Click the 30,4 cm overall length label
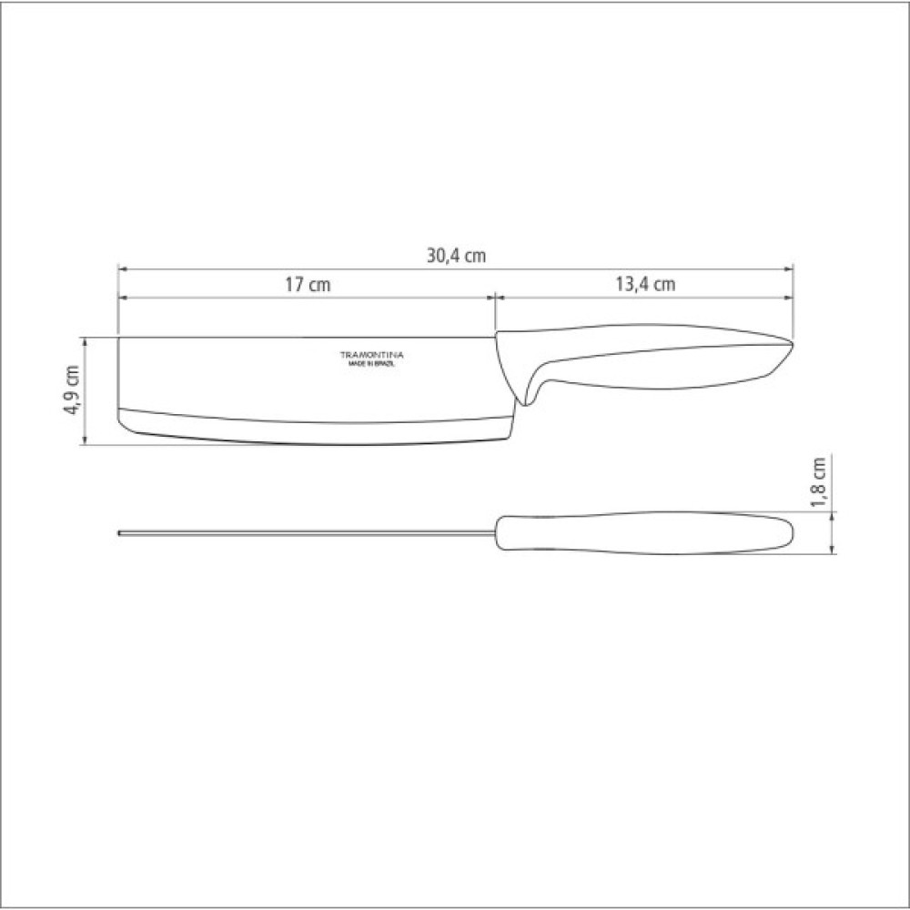click(456, 256)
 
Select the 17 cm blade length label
click(308, 284)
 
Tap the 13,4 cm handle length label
click(645, 284)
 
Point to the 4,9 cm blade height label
click(72, 390)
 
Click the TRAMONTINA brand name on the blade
click(371, 355)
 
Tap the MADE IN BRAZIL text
click(371, 365)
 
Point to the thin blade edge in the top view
click(307, 532)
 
